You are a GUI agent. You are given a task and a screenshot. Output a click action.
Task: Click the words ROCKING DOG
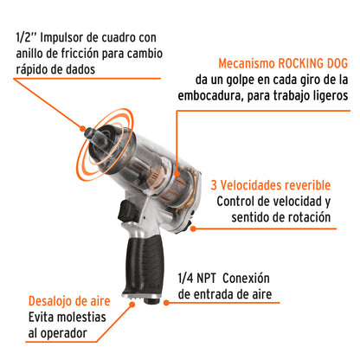click(x=313, y=63)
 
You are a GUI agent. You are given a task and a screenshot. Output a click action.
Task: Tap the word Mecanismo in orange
click(x=247, y=63)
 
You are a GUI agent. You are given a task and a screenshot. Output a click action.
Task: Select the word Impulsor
click(x=62, y=38)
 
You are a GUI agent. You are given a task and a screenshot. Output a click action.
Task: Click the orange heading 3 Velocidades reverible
click(x=271, y=185)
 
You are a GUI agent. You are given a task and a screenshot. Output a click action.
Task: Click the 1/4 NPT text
click(x=197, y=279)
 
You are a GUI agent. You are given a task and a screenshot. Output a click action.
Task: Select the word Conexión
click(x=246, y=279)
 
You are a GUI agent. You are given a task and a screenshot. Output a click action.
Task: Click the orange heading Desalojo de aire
click(x=69, y=301)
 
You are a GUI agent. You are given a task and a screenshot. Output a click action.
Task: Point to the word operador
click(x=63, y=334)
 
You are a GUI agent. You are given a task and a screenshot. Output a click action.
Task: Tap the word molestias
click(x=81, y=318)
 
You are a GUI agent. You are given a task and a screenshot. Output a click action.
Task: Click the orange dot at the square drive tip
click(x=82, y=129)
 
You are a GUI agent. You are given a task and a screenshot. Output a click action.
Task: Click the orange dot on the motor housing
click(x=177, y=174)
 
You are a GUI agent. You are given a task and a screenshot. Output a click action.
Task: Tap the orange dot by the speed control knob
click(x=193, y=228)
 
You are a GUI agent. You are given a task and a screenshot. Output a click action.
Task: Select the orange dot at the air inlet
click(x=166, y=303)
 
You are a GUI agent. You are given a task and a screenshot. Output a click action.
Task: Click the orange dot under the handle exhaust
click(x=132, y=304)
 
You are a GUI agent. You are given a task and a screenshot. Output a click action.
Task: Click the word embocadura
click(x=208, y=96)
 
